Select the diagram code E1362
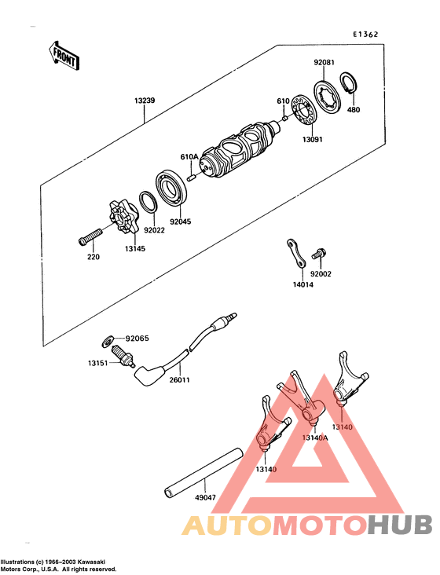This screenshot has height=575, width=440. [x=365, y=35]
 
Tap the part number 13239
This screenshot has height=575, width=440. [x=145, y=101]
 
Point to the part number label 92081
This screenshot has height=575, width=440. [x=324, y=61]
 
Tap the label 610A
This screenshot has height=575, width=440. [x=190, y=157]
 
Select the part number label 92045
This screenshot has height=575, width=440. [x=181, y=222]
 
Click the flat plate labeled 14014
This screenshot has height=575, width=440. [x=297, y=253]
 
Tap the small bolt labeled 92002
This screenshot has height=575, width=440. [x=318, y=254]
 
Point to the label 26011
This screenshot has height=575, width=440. [x=181, y=380]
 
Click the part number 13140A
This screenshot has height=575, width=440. [x=314, y=438]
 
